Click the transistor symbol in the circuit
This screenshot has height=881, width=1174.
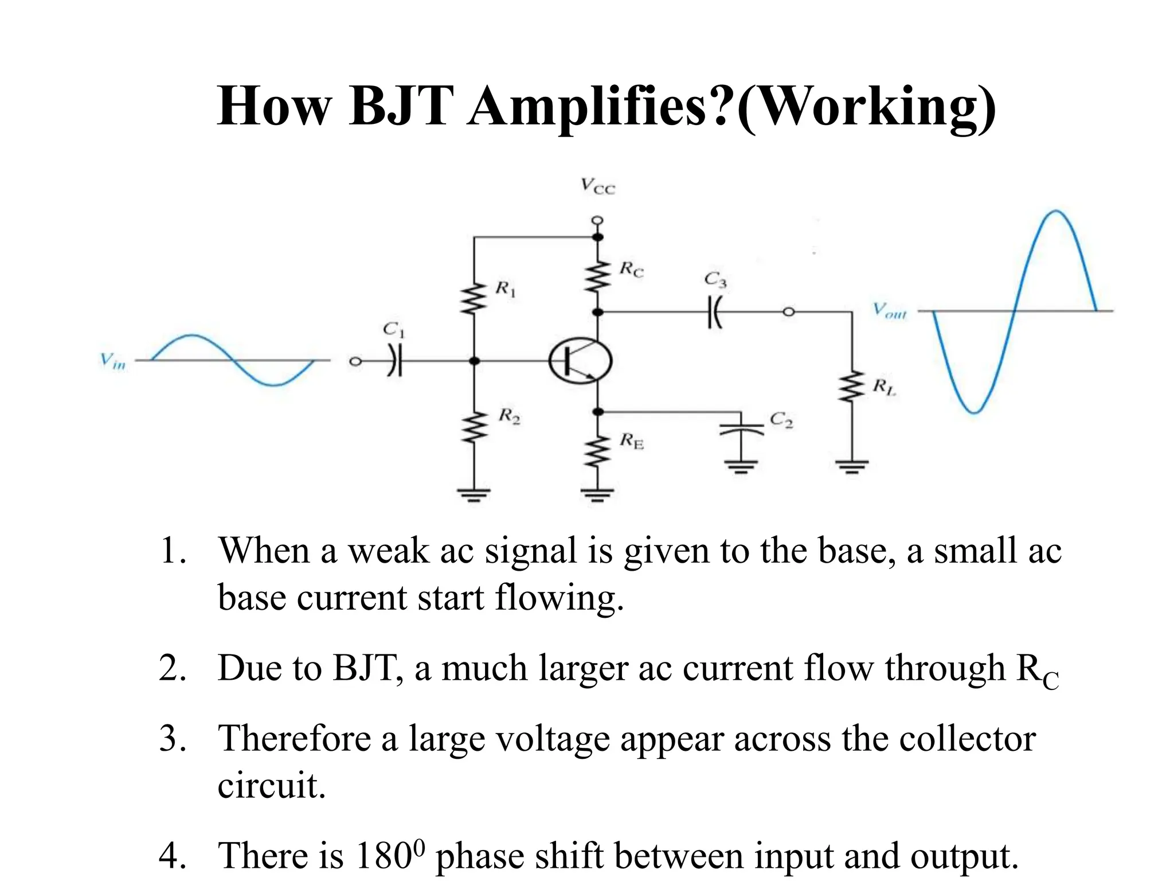coord(580,361)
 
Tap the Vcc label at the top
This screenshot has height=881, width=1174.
coord(597,186)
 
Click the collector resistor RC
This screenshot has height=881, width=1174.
coord(598,276)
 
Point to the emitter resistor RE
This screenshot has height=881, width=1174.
coord(598,451)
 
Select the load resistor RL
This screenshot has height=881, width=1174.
coord(852,386)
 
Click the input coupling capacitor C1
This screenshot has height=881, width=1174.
coord(394,361)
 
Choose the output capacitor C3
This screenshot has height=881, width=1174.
coord(714,311)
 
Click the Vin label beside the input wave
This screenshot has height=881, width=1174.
coord(112,361)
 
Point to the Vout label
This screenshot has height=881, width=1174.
coord(889,311)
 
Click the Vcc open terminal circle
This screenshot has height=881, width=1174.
coord(597,220)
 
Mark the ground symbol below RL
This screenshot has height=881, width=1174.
coord(852,466)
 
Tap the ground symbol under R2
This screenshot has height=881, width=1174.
coord(473,494)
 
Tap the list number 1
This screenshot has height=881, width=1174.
coord(173,551)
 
